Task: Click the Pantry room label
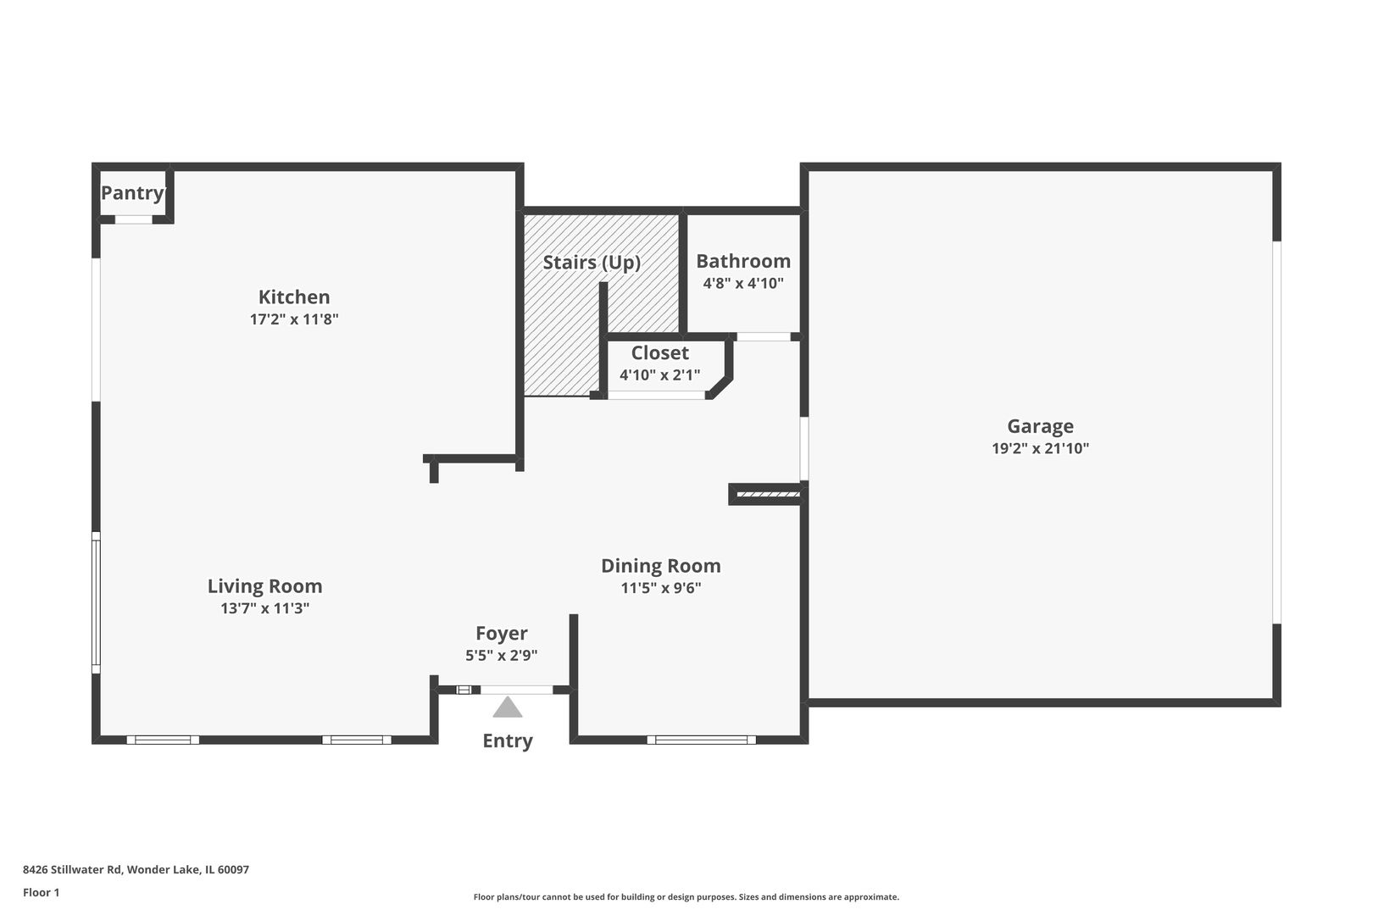pyautogui.click(x=132, y=193)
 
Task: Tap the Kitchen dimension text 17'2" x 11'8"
pyautogui.click(x=294, y=319)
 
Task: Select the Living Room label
pyautogui.click(x=264, y=586)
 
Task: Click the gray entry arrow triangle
pyautogui.click(x=508, y=708)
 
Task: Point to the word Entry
pyautogui.click(x=508, y=740)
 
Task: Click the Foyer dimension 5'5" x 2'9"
pyautogui.click(x=501, y=655)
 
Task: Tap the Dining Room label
pyautogui.click(x=660, y=566)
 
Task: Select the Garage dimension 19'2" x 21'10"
pyautogui.click(x=1040, y=448)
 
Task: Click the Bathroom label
pyautogui.click(x=742, y=261)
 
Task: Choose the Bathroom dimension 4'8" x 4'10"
pyautogui.click(x=742, y=283)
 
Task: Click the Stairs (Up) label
pyautogui.click(x=591, y=263)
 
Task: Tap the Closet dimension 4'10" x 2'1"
pyautogui.click(x=659, y=374)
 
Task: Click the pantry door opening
pyautogui.click(x=133, y=219)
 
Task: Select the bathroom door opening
pyautogui.click(x=763, y=336)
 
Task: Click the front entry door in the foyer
pyautogui.click(x=516, y=690)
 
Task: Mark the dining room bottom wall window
pyautogui.click(x=701, y=740)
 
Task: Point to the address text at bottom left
pyautogui.click(x=136, y=869)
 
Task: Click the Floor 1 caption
pyautogui.click(x=41, y=892)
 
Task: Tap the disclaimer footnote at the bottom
pyautogui.click(x=686, y=896)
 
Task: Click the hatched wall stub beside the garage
pyautogui.click(x=768, y=494)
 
